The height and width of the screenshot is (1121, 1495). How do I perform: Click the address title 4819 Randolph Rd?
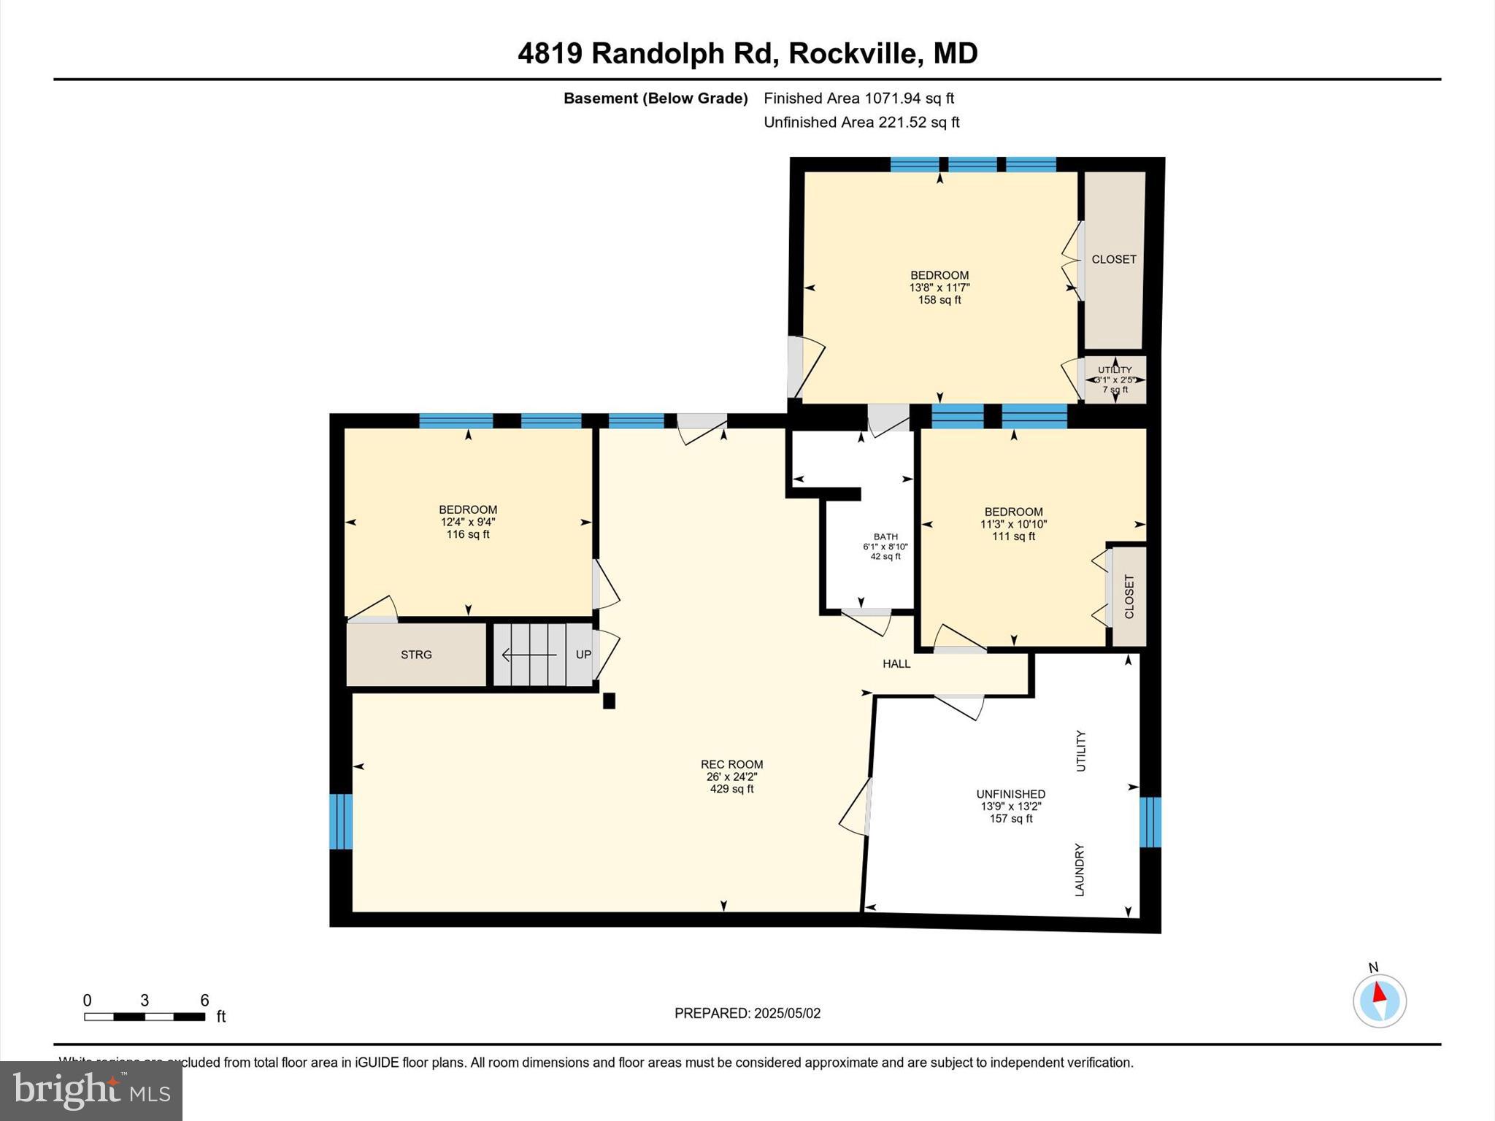(x=747, y=53)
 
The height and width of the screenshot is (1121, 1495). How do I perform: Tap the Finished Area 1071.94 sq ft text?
(x=858, y=99)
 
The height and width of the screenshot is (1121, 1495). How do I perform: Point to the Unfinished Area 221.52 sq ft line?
(x=861, y=123)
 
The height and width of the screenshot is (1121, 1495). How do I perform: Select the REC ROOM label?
(x=731, y=765)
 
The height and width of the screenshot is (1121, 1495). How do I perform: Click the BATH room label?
(x=885, y=537)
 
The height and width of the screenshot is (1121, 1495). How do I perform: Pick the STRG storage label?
(x=416, y=655)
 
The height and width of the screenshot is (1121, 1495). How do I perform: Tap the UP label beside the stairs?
(x=583, y=655)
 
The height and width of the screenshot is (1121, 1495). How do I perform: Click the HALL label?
(x=896, y=663)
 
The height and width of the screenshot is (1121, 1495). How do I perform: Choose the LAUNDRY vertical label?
(x=1080, y=870)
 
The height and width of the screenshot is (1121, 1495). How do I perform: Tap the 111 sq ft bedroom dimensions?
(x=1013, y=524)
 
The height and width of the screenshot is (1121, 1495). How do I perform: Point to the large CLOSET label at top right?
(x=1113, y=259)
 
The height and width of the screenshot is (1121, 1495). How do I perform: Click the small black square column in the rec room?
(x=609, y=701)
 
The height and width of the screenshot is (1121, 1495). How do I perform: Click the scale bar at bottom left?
(x=145, y=1017)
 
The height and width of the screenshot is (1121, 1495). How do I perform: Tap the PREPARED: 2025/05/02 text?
(x=747, y=1013)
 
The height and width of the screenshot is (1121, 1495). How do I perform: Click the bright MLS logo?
(x=91, y=1090)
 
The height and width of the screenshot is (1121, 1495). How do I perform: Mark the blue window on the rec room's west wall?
(x=341, y=821)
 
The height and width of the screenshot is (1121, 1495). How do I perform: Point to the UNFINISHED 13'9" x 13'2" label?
(x=1010, y=806)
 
